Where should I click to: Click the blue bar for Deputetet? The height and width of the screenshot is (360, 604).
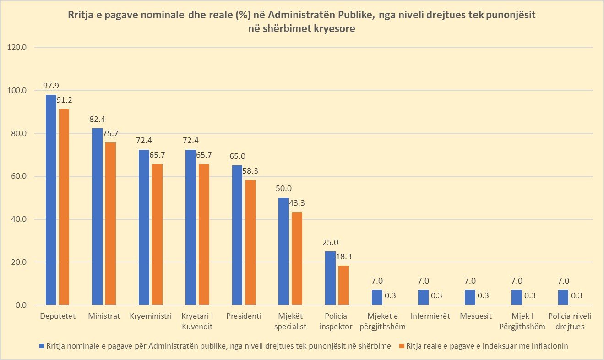51,200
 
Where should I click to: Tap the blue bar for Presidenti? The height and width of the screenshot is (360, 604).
237,235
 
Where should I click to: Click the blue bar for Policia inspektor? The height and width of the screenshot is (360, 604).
330,278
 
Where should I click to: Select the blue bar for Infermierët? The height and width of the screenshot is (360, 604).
424,297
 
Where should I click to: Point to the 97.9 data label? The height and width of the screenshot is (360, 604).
51,86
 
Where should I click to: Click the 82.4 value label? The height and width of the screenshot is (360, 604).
98,119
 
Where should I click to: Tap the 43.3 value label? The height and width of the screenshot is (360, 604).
297,202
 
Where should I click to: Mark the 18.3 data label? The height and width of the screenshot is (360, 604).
343,256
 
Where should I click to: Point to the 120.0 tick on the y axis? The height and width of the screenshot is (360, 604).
19,47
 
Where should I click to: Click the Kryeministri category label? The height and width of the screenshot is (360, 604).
151,316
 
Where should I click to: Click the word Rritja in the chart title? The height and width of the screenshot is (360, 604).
81,16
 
